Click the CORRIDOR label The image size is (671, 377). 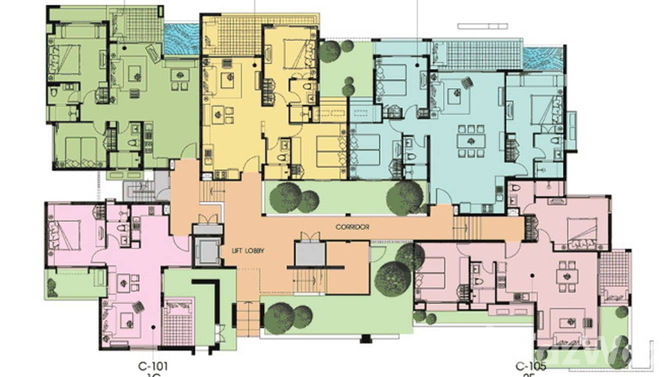(352, 227)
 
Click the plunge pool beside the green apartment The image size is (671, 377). (181, 40)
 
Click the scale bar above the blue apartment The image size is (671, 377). (482, 26)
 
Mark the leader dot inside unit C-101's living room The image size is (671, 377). (153, 326)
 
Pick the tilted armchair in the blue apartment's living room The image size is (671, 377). (467, 82)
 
